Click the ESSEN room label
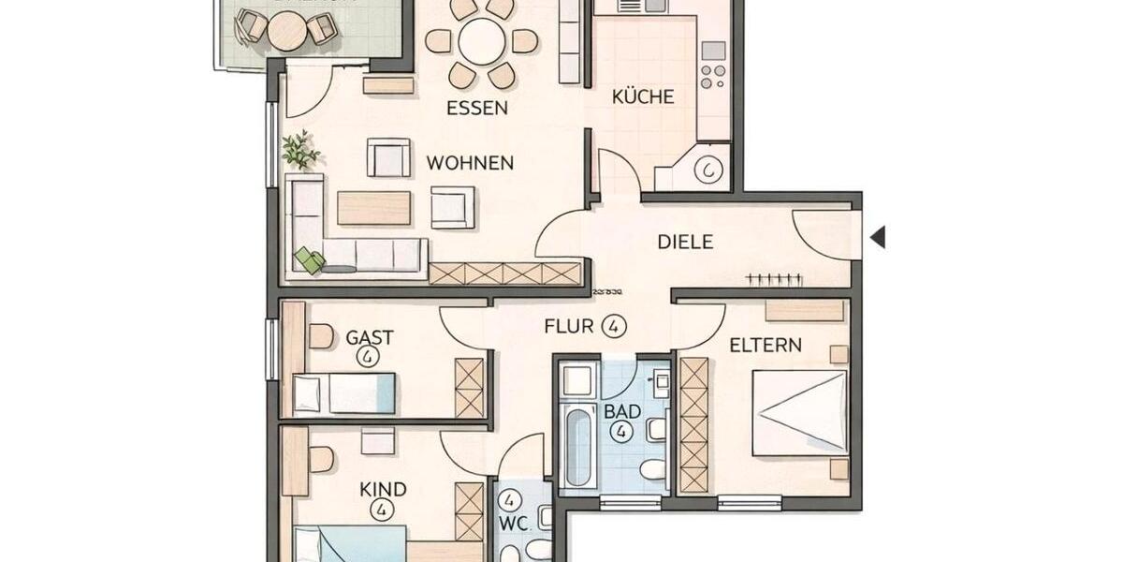tap(476, 108)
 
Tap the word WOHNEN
tap(470, 163)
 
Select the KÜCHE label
tap(643, 96)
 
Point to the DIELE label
tap(685, 242)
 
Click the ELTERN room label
tap(766, 345)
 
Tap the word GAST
tap(370, 337)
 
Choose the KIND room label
tap(383, 489)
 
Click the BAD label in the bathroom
tap(621, 410)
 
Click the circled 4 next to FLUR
tap(614, 326)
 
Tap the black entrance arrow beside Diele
tap(877, 237)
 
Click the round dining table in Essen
tap(482, 42)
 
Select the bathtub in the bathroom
tap(578, 445)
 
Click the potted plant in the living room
tap(299, 150)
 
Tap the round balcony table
tap(286, 32)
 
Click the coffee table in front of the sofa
tap(373, 208)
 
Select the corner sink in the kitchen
tap(709, 170)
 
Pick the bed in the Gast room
tap(343, 392)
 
